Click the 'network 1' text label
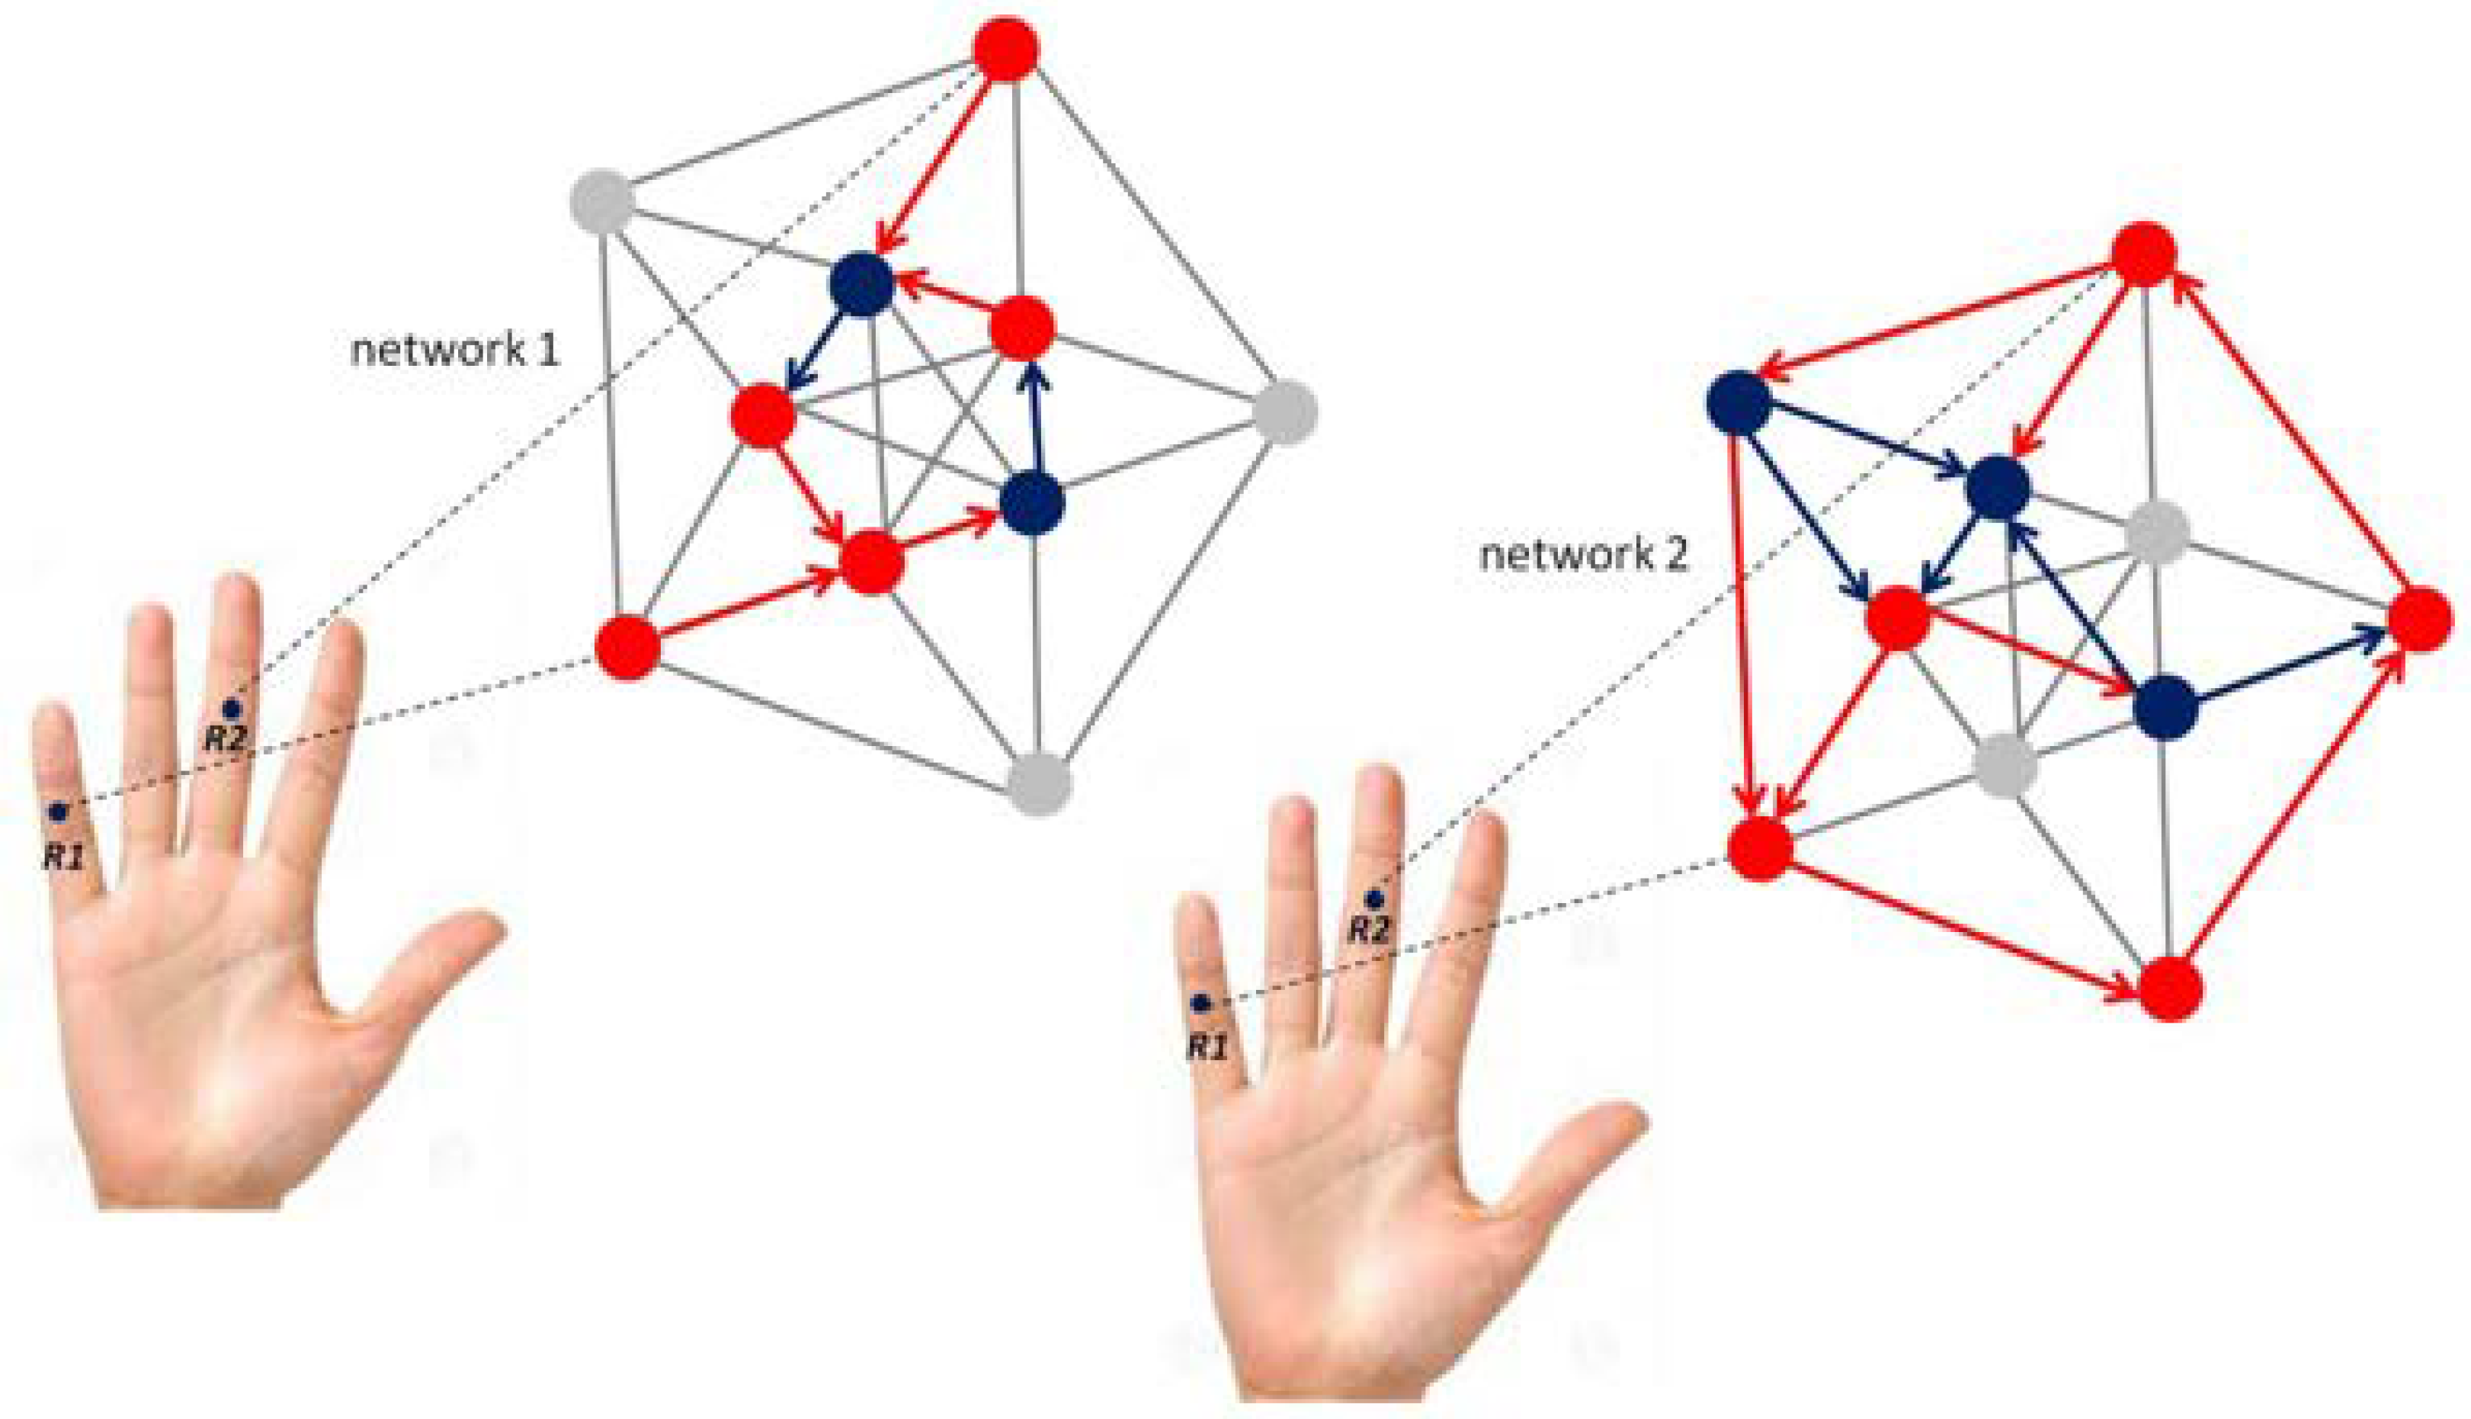click(x=454, y=350)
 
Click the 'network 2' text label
click(x=1583, y=556)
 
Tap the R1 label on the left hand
click(x=64, y=857)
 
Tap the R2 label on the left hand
click(x=224, y=738)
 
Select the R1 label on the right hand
click(x=1207, y=1048)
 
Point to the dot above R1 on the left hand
click(x=59, y=811)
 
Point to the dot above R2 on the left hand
click(x=231, y=709)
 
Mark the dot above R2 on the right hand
click(x=1374, y=898)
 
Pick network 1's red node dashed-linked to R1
click(x=627, y=647)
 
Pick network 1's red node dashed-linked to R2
click(x=1007, y=49)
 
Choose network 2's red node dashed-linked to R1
click(x=1759, y=848)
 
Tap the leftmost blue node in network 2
click(x=1738, y=402)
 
